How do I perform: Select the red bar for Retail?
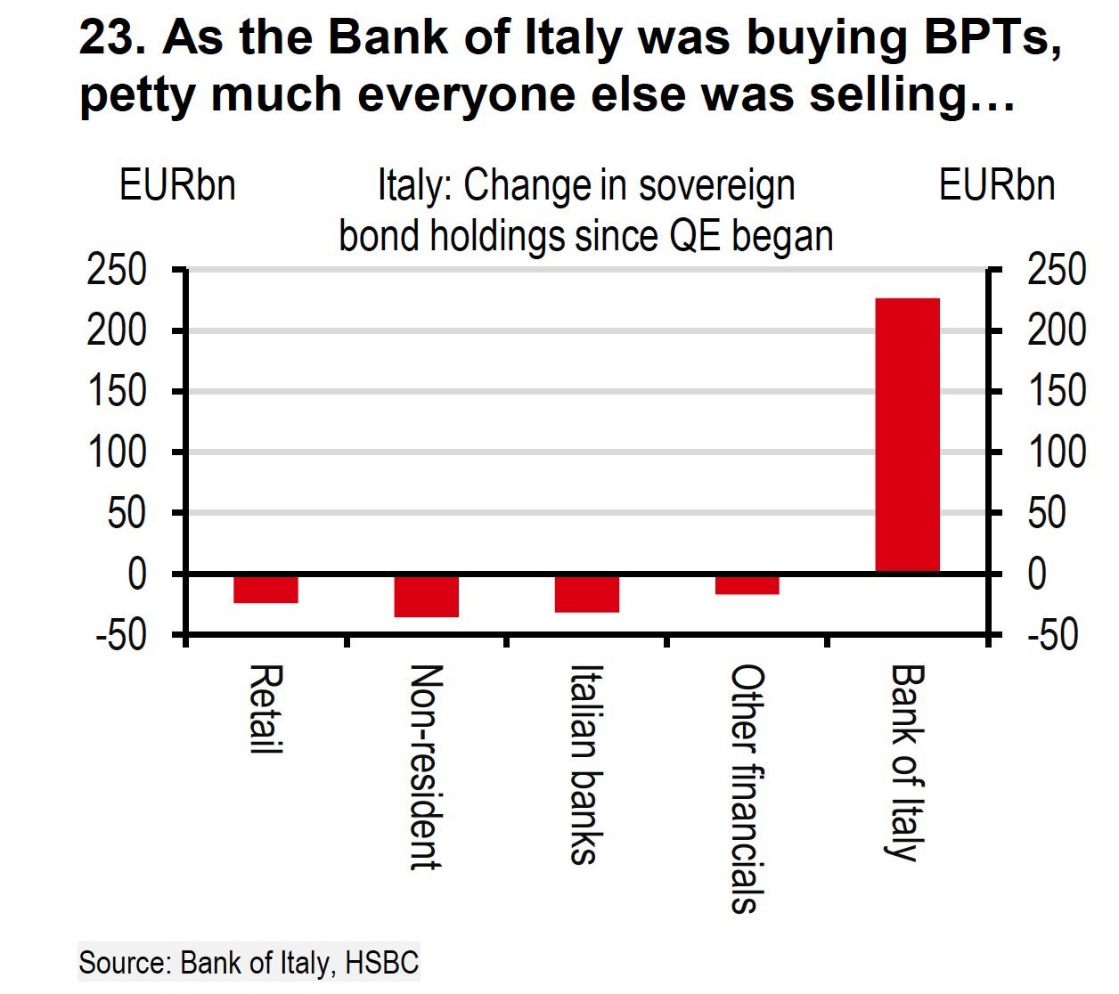point(265,590)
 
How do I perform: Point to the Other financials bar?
point(747,584)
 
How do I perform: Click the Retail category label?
point(265,709)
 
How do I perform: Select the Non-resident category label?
point(426,766)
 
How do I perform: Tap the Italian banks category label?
point(584,764)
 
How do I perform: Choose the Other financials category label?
point(747,789)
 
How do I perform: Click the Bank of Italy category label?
point(907,762)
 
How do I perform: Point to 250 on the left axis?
point(117,270)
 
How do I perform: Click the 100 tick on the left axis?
point(117,452)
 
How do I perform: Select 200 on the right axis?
point(1057,331)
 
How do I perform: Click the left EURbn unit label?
point(177,186)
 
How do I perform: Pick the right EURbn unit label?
point(997,186)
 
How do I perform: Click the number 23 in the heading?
point(105,37)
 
